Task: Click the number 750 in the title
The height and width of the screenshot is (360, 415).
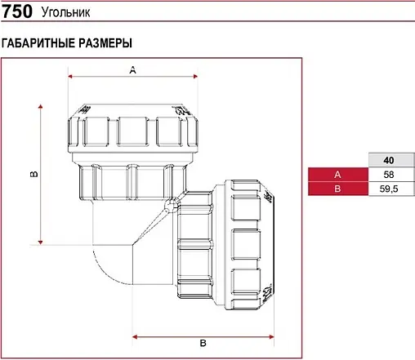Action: click(17, 14)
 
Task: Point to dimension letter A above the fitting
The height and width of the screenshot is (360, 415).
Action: click(132, 71)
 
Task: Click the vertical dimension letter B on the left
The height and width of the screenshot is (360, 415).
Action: click(33, 174)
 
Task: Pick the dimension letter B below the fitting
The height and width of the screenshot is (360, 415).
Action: click(203, 342)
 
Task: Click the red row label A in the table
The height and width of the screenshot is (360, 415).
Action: click(337, 175)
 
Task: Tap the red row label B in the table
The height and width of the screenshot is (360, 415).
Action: click(337, 189)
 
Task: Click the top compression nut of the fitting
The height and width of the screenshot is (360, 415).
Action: click(132, 128)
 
